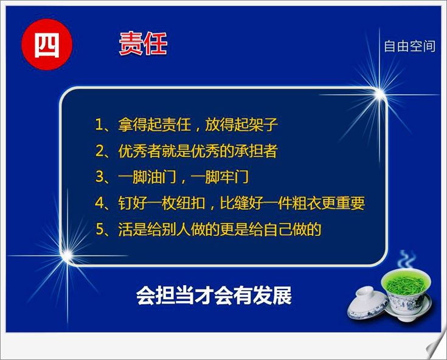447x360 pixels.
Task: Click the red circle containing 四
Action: pos(47,45)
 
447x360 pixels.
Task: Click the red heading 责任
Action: pos(143,44)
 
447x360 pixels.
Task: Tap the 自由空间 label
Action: pos(410,46)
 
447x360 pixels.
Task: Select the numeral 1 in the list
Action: pos(99,125)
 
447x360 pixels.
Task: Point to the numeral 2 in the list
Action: pos(100,151)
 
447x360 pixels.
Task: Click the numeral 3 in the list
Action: pos(100,177)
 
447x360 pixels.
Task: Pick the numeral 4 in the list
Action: pos(100,203)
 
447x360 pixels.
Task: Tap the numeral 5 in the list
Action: pos(100,229)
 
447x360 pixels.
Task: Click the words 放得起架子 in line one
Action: pos(241,125)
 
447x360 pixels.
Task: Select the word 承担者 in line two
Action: pos(255,151)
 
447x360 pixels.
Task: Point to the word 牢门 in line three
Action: pos(234,177)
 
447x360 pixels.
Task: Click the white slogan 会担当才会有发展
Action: pos(214,296)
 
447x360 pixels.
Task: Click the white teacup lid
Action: pos(367,303)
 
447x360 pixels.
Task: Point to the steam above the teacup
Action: pos(407,259)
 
